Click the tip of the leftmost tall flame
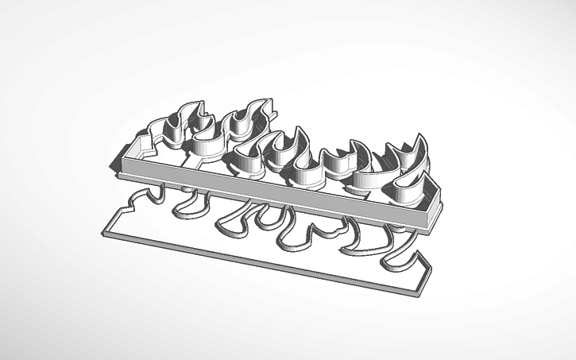(196, 104)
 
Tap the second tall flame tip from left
(266, 100)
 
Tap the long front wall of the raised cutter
(278, 188)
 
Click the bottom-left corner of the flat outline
(103, 232)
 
